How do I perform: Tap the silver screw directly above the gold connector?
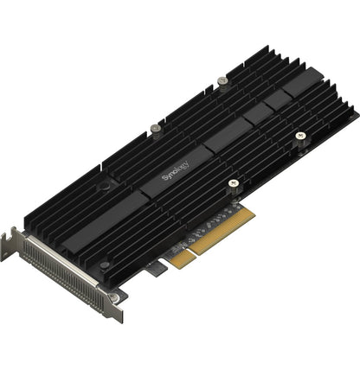pos(233,183)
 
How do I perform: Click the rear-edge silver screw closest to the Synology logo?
pos(156,128)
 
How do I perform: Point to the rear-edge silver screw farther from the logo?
pos(222,80)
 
